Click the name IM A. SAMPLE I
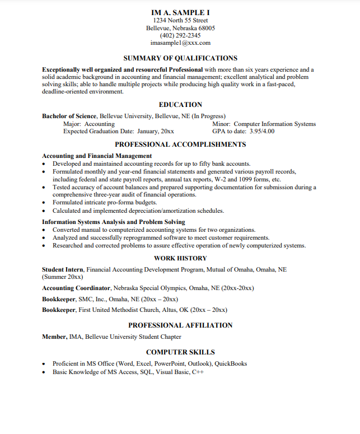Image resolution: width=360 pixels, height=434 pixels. (x=180, y=12)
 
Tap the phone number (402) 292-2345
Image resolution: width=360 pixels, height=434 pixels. (x=180, y=35)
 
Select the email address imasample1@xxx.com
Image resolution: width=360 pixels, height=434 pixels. (x=180, y=43)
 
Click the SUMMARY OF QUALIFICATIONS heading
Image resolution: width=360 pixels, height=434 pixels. (x=180, y=58)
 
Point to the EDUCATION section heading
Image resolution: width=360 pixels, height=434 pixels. (x=180, y=105)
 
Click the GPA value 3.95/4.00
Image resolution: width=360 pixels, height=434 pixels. (x=262, y=132)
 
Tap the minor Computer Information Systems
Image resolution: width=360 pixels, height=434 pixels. (x=274, y=124)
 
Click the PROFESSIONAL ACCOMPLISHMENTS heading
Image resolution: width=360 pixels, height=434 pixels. (x=180, y=144)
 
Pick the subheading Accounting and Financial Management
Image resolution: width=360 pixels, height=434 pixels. (x=97, y=156)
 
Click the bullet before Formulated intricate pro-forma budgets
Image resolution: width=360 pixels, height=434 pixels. (x=44, y=203)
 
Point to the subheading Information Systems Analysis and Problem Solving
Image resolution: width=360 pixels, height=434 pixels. (x=113, y=222)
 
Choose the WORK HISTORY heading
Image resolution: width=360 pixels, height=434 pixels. (x=180, y=258)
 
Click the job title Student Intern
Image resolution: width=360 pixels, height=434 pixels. (x=63, y=269)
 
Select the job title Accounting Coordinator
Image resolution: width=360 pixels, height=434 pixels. (x=76, y=288)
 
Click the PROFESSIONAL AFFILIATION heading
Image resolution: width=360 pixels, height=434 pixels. (x=180, y=325)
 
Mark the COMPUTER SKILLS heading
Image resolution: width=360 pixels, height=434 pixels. (x=180, y=352)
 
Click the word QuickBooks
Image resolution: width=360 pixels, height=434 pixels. (x=231, y=363)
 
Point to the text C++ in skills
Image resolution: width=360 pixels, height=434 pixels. (x=198, y=372)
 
